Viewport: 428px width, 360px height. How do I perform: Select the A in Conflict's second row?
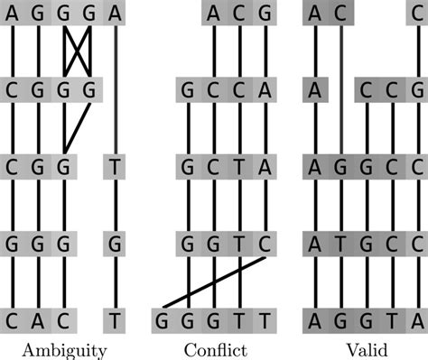point(265,90)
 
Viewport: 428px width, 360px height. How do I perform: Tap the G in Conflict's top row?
point(265,13)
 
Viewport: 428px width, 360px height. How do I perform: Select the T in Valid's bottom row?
point(392,320)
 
